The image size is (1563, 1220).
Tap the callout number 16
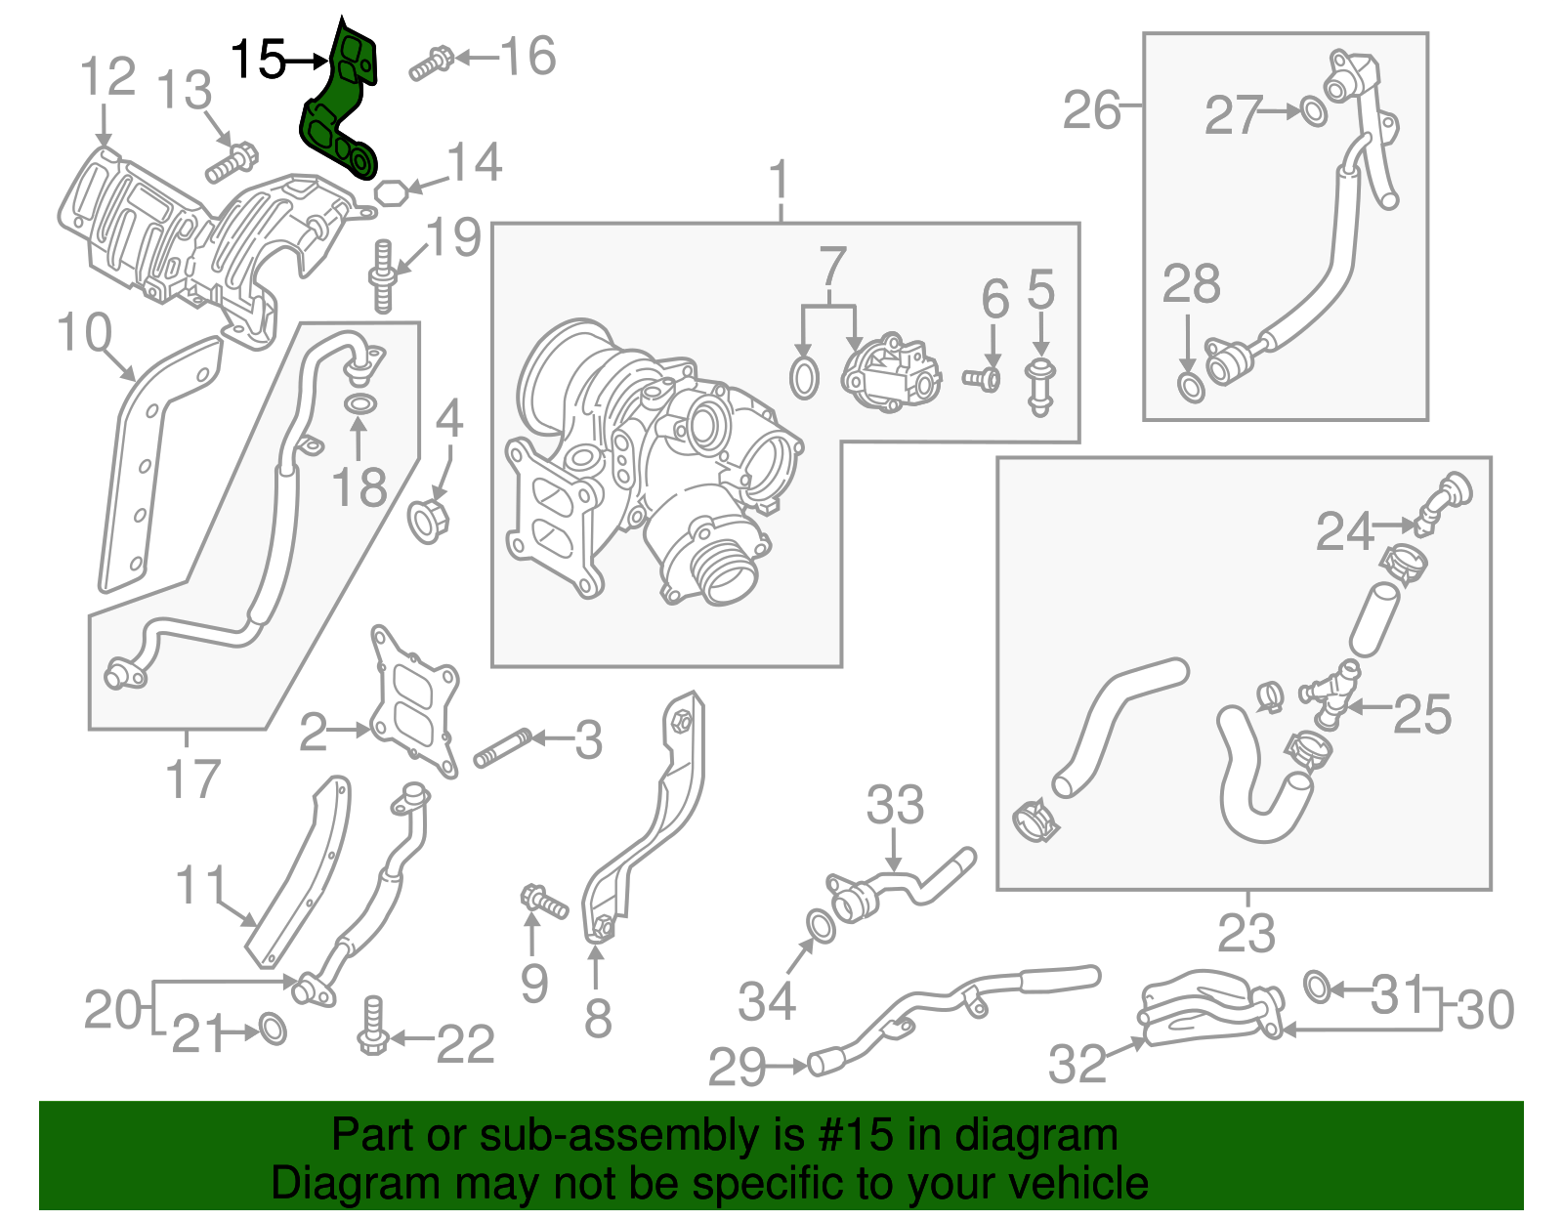[528, 57]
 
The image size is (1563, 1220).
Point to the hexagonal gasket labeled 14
[391, 192]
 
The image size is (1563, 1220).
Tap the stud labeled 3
[502, 747]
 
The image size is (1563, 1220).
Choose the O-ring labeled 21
[273, 1029]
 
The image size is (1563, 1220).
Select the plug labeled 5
[1040, 388]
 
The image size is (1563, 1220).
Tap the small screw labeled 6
[982, 378]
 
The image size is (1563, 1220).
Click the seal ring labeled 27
[1315, 112]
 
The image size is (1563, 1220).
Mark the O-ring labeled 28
[1190, 388]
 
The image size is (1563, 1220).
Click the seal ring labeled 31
[1317, 988]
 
